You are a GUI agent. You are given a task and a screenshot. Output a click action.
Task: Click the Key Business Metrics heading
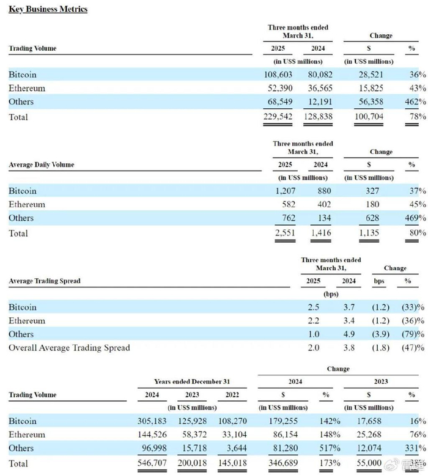(48, 9)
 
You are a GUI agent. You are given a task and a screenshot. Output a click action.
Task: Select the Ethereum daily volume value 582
(287, 205)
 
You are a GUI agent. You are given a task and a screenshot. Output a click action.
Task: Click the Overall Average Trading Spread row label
(69, 348)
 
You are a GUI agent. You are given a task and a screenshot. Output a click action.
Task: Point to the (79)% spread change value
(413, 334)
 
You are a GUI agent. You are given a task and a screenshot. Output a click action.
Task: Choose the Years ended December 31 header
(192, 381)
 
